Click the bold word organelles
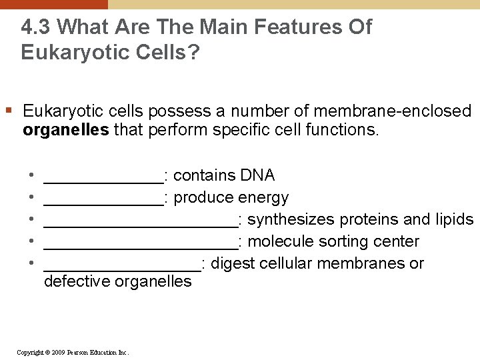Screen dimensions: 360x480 pyautogui.click(x=66, y=129)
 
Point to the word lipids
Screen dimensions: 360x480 pyautogui.click(x=455, y=219)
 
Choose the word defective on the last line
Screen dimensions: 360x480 pyautogui.click(x=77, y=281)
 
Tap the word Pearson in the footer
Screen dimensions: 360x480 pyautogui.click(x=80, y=352)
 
